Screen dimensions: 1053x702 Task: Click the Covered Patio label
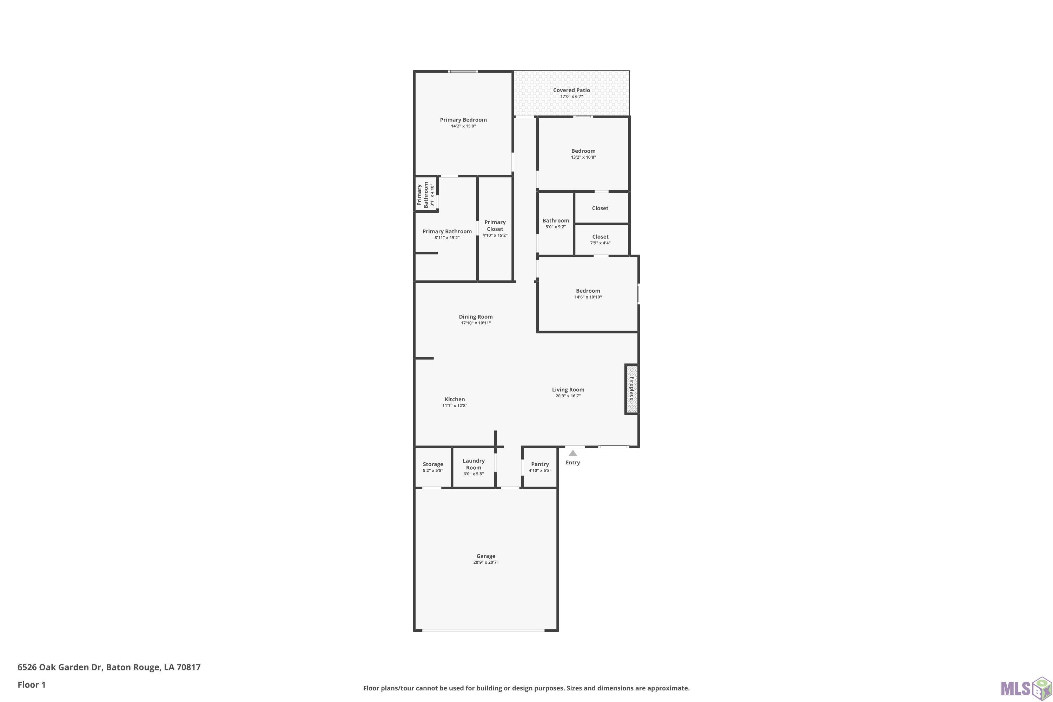pos(571,90)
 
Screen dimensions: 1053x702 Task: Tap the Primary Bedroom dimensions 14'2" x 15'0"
pos(463,126)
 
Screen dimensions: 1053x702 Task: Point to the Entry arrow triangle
pos(572,453)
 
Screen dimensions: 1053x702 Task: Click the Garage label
pos(486,556)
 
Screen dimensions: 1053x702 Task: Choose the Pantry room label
pos(540,464)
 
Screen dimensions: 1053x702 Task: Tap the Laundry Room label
pos(473,464)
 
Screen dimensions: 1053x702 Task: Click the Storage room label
pos(433,464)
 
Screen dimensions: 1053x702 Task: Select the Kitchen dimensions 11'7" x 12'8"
pos(455,406)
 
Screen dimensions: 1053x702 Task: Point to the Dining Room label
pos(476,317)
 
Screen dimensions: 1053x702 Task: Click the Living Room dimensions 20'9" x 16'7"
pos(568,396)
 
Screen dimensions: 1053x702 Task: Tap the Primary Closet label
pos(495,226)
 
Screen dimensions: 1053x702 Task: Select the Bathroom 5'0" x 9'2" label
pos(556,223)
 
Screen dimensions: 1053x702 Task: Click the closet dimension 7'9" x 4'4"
pos(600,243)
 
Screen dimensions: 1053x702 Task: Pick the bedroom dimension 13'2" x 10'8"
pos(583,157)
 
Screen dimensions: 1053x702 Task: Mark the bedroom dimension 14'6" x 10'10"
pos(588,297)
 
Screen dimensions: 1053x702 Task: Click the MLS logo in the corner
pos(1026,687)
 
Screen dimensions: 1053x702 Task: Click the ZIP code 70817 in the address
pos(188,667)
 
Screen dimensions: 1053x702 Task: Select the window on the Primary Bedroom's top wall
pos(463,71)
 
